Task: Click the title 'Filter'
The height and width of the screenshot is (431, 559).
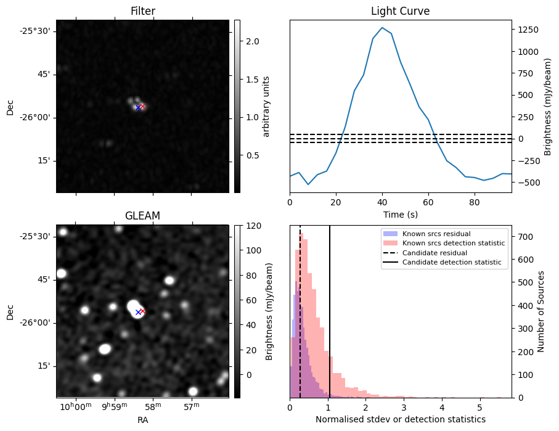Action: click(x=142, y=11)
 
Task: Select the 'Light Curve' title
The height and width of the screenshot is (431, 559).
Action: click(x=400, y=11)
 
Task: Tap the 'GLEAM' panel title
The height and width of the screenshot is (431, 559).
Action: click(x=142, y=216)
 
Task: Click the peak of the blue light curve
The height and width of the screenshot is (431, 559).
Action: click(x=382, y=28)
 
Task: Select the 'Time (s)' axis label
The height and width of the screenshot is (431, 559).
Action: click(x=400, y=213)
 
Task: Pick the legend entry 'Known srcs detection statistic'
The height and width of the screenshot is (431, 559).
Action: click(x=453, y=244)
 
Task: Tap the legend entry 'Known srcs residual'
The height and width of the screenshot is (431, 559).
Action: click(x=436, y=234)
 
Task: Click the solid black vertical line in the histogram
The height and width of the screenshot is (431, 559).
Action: click(x=330, y=308)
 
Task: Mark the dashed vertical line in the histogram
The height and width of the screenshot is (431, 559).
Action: click(x=300, y=308)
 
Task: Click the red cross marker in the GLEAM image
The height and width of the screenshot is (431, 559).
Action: click(x=142, y=311)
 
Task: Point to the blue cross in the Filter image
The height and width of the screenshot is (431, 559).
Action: click(x=138, y=107)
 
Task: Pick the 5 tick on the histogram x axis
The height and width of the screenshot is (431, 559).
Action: click(x=479, y=407)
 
